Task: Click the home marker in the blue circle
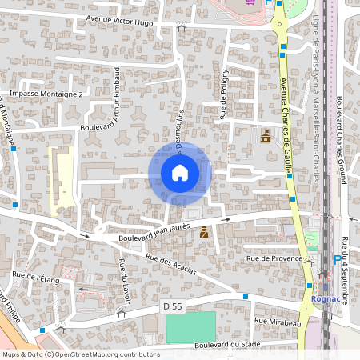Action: coord(180,172)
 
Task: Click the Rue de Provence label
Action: coord(275,258)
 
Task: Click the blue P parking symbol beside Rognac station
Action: coord(337,259)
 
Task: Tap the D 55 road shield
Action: coord(170,306)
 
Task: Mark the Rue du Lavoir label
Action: coord(123,282)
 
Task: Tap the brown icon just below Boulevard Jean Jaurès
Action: coord(205,234)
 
